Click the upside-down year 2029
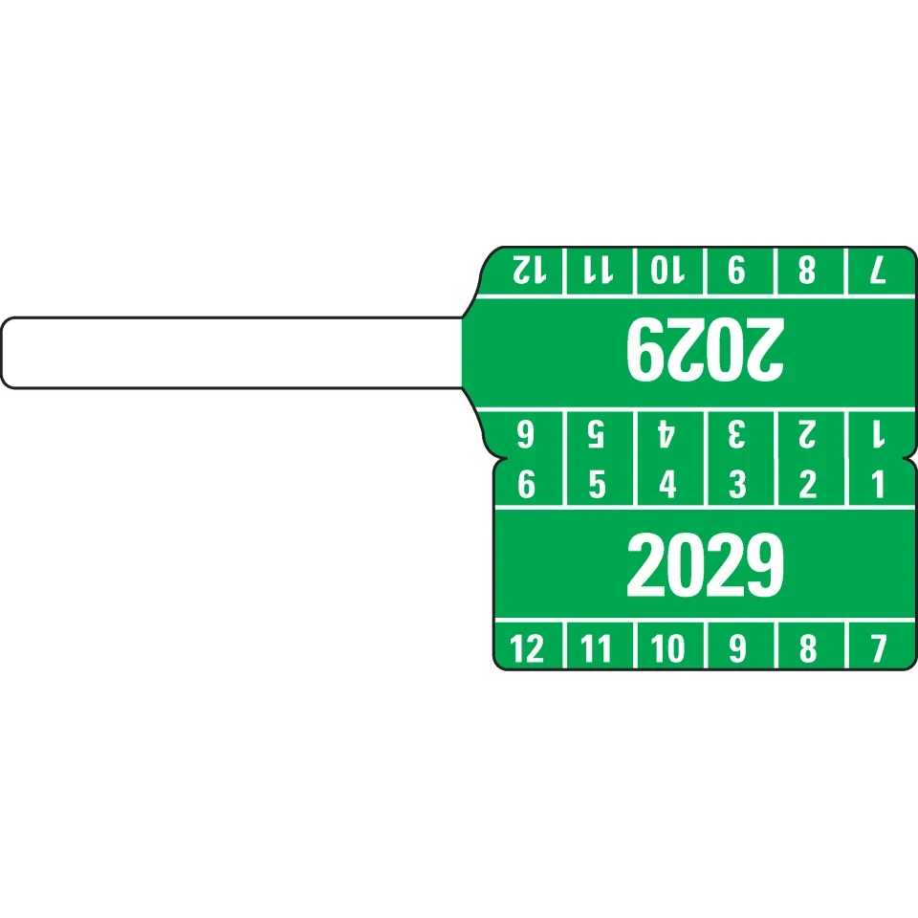705,348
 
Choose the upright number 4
667,485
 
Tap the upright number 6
527,485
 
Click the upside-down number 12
527,272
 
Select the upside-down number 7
879,272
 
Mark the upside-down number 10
667,272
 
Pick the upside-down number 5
597,436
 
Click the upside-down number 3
736,436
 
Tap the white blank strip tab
229,353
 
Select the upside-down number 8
808,272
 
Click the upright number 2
808,485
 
